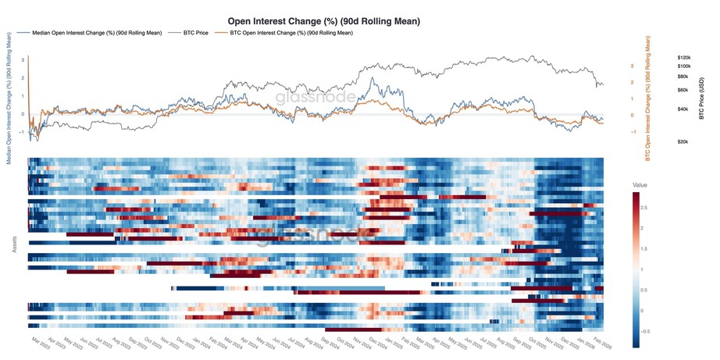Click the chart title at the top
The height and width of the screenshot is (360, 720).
point(323,22)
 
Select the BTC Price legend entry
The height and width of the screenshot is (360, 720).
point(195,34)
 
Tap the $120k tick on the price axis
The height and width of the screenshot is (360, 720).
point(684,58)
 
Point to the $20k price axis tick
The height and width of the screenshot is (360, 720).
point(683,141)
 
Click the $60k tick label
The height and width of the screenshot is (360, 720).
point(683,90)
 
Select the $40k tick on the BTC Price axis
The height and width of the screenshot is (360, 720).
point(683,109)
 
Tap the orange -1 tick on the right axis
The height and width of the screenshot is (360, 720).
point(632,132)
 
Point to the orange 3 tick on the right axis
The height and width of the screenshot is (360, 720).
point(632,66)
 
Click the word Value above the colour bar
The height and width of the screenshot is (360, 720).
point(640,185)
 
